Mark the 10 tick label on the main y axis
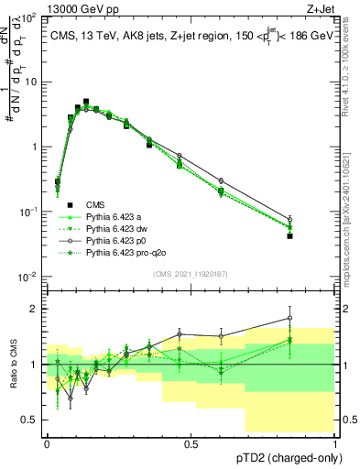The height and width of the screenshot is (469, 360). pos(31,82)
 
